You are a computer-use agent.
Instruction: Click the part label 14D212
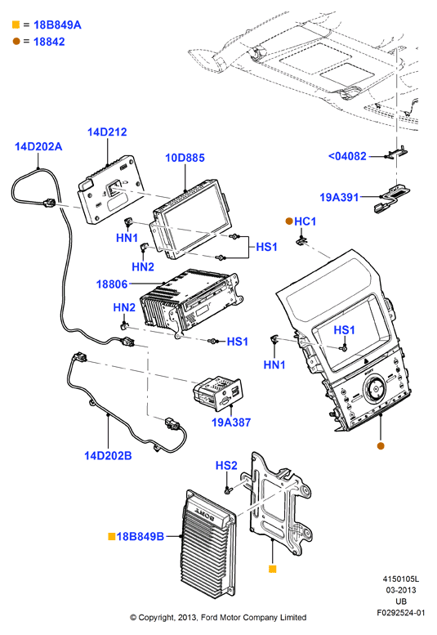tap(107, 132)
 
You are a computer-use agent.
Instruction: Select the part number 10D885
tap(185, 158)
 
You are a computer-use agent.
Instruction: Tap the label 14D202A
tap(38, 146)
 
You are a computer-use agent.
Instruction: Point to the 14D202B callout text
tap(108, 455)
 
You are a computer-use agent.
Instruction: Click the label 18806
tap(112, 284)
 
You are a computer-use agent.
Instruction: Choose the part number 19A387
tap(231, 423)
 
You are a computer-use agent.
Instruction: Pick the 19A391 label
tap(339, 198)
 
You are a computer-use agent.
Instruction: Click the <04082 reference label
tap(347, 156)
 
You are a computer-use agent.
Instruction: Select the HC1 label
tap(305, 221)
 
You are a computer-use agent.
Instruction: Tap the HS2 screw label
tap(226, 466)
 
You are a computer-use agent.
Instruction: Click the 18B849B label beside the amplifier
tap(140, 537)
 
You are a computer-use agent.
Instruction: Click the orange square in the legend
tap(16, 25)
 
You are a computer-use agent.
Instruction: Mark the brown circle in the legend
tap(16, 42)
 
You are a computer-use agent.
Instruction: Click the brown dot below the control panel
tap(381, 446)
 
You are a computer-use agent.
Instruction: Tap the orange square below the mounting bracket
tap(273, 569)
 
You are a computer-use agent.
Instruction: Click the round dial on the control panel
tap(375, 389)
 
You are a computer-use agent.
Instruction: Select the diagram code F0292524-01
tap(401, 613)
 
